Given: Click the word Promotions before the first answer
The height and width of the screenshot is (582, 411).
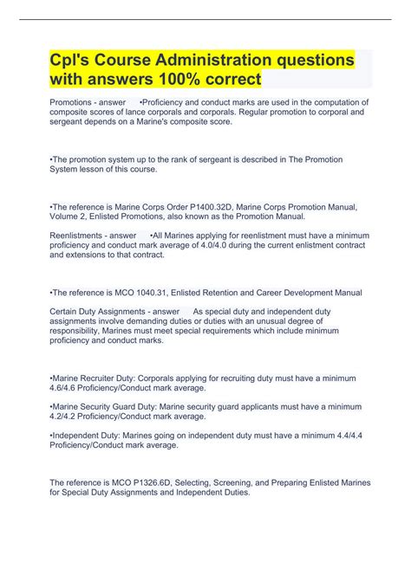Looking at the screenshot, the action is [73, 102].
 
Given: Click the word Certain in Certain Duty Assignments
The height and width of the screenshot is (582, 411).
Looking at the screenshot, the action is [65, 311].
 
